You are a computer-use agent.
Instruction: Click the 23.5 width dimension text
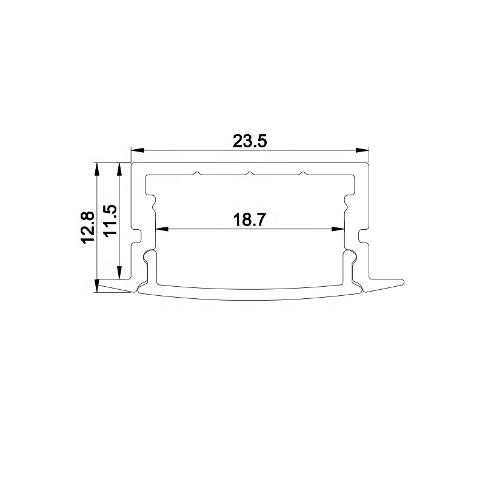point(250,141)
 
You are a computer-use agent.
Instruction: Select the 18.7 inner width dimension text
point(249,220)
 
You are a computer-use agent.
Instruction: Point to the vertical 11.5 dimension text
point(110,221)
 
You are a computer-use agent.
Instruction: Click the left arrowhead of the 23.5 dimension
point(138,150)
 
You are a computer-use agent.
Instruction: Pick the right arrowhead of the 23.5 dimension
point(363,150)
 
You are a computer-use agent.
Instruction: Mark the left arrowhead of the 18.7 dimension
point(161,229)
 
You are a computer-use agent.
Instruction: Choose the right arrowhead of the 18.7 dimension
point(338,229)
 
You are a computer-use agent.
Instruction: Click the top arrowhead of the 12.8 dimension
point(97,169)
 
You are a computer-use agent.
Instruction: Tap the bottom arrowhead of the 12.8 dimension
point(97,286)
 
